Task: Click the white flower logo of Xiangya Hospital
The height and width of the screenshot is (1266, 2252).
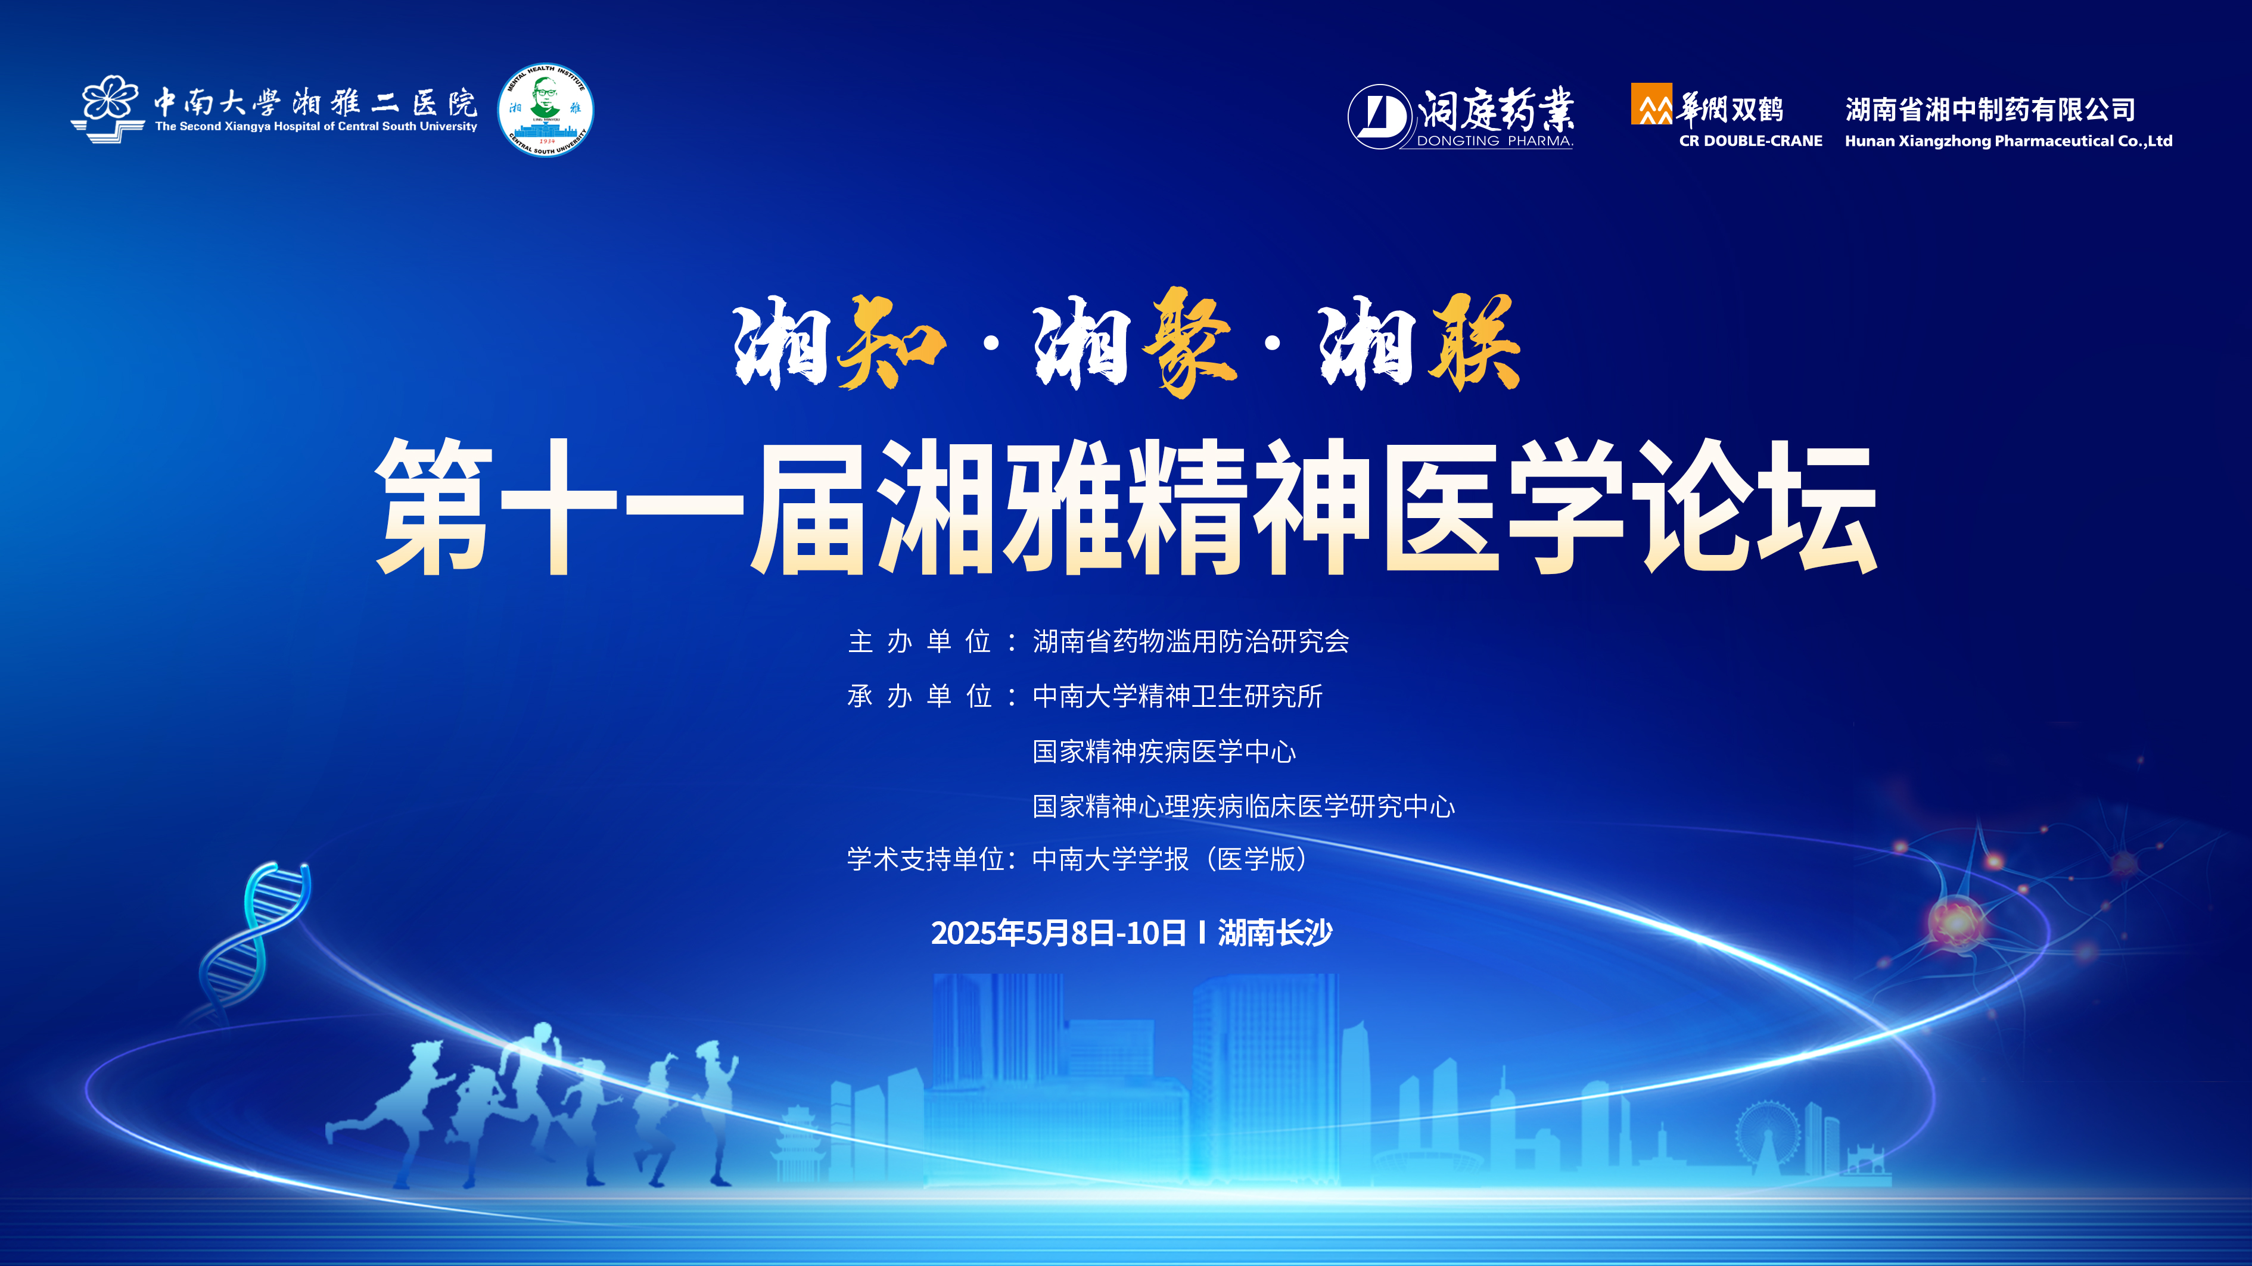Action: (107, 108)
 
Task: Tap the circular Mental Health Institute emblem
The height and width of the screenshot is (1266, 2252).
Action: (546, 110)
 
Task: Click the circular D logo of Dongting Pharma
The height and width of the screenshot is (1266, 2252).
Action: (1380, 116)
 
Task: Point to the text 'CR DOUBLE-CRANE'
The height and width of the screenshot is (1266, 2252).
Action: (1750, 141)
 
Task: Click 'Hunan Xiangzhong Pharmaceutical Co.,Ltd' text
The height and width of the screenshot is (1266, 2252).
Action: (2008, 141)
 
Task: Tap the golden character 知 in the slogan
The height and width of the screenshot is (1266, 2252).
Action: (891, 342)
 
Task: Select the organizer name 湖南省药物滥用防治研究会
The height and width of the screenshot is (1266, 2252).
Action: (1191, 641)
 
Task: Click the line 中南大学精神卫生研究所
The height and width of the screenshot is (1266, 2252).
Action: (1178, 696)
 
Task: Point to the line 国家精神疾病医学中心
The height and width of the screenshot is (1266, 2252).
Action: (1165, 752)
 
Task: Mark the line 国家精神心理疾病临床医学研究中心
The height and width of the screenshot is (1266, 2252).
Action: (1244, 806)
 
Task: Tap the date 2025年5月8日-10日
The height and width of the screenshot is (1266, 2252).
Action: (1058, 933)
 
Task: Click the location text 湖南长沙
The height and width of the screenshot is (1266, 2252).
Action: (1276, 933)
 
